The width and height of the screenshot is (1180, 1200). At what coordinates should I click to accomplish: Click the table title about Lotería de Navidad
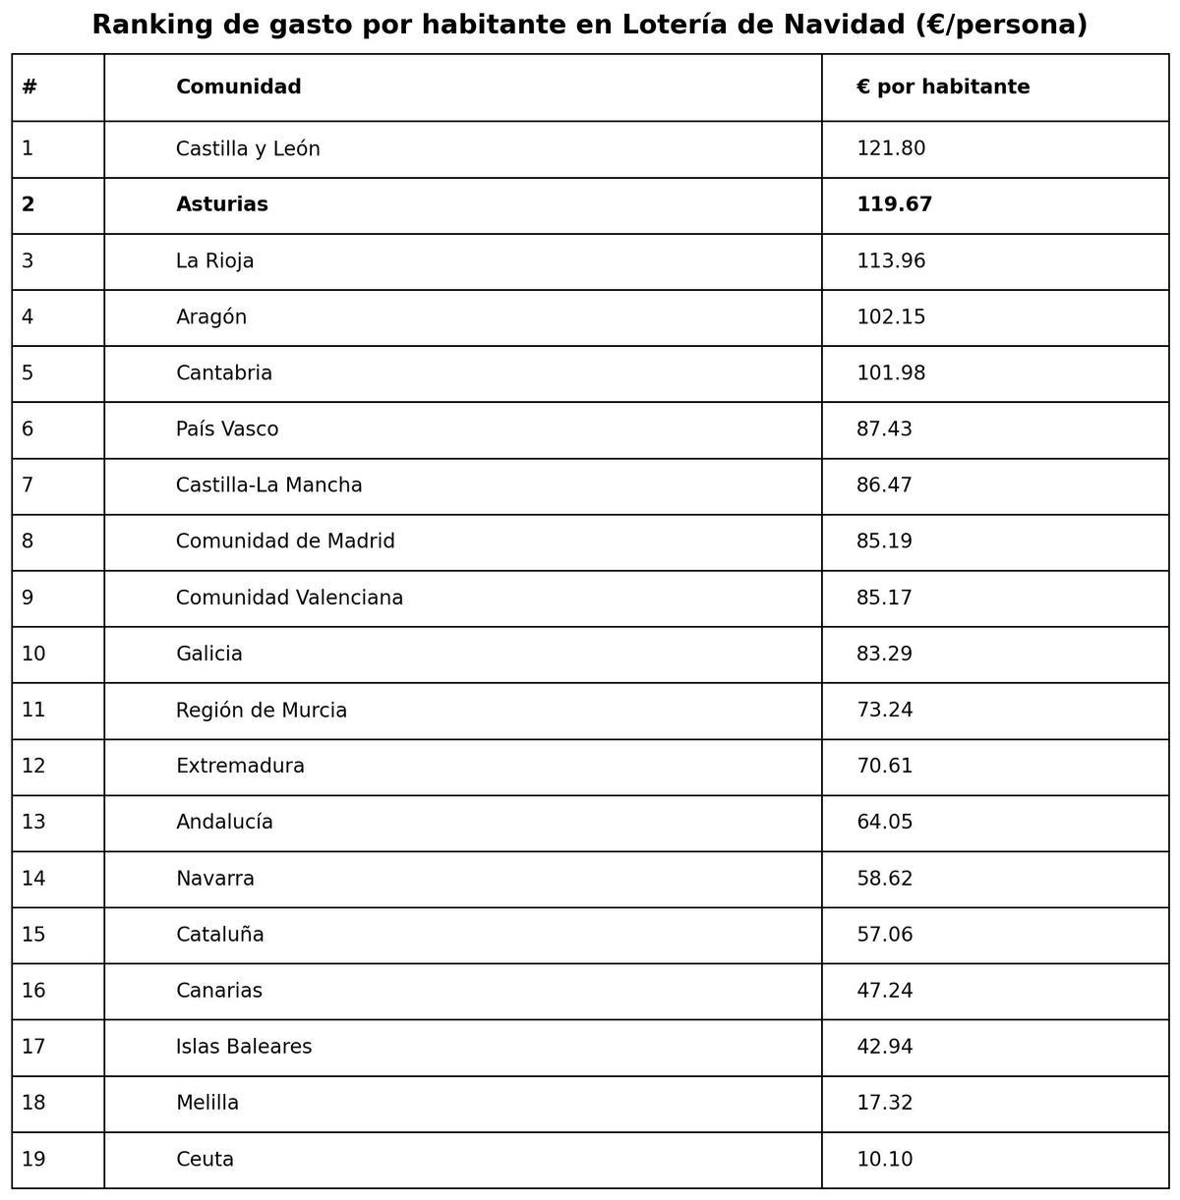[590, 25]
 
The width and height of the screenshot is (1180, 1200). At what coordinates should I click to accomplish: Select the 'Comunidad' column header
[238, 87]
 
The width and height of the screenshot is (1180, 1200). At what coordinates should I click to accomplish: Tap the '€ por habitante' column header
[942, 87]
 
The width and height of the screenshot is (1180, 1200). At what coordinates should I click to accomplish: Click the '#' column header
[29, 87]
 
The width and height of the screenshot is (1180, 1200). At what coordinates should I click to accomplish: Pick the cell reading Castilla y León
[248, 149]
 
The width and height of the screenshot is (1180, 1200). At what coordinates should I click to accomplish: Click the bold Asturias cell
[221, 205]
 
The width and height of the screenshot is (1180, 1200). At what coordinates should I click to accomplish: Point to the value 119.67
[894, 205]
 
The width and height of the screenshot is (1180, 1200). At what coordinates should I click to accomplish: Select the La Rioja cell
[214, 261]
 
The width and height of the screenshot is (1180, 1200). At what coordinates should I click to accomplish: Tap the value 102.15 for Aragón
[890, 317]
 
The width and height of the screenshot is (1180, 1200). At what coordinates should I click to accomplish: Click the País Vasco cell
[226, 429]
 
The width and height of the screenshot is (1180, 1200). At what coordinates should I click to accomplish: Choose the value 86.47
[884, 486]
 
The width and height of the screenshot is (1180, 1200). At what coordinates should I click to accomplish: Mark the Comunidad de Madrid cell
[285, 542]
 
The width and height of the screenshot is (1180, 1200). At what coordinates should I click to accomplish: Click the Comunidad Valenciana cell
[289, 599]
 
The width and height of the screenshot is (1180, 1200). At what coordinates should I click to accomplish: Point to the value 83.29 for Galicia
[884, 655]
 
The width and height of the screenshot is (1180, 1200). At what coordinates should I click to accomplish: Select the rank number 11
[33, 711]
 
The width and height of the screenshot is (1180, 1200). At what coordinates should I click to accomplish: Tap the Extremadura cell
[240, 767]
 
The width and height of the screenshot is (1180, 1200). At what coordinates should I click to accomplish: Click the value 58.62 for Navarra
[884, 879]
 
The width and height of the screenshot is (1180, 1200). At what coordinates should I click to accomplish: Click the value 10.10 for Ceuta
[884, 1160]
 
